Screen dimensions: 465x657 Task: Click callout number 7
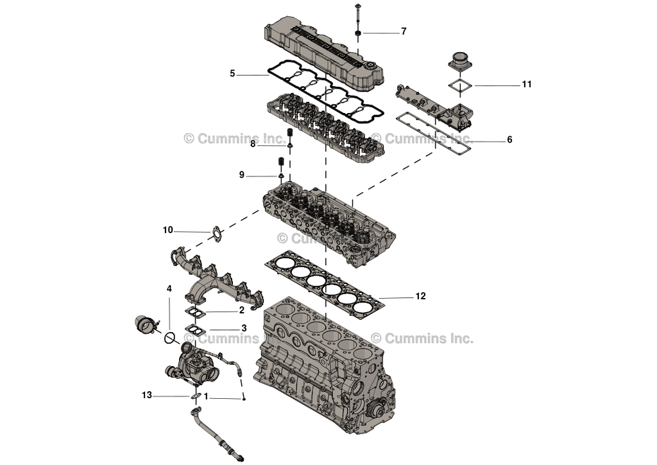pos(404,31)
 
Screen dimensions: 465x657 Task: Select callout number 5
pos(232,74)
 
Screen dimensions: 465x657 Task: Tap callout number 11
pos(527,84)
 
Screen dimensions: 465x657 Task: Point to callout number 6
pos(509,139)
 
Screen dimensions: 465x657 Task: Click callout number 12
pos(420,297)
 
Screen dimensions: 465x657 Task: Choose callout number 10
pos(167,230)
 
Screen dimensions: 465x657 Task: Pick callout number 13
pos(148,395)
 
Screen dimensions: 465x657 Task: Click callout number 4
pos(169,289)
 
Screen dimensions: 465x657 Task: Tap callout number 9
pos(242,175)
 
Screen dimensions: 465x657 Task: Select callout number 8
pos(253,145)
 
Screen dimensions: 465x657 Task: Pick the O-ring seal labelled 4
pos(170,337)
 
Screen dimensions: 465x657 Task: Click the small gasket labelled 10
pos(216,234)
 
